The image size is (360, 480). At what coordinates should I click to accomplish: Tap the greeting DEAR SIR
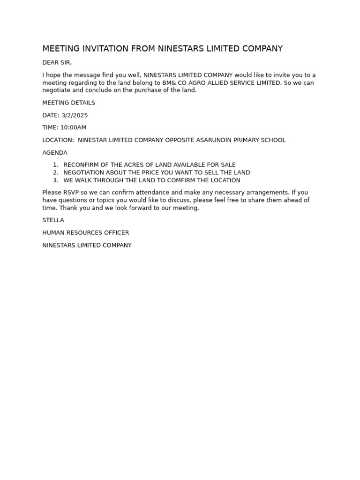(x=57, y=63)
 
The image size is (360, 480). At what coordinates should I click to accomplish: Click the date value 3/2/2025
(x=75, y=115)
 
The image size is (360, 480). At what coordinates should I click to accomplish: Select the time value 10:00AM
(x=73, y=127)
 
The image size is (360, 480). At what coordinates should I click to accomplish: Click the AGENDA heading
(x=55, y=153)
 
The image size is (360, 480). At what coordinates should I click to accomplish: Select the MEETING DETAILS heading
(x=68, y=103)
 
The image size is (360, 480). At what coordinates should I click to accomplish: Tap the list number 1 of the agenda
(x=55, y=165)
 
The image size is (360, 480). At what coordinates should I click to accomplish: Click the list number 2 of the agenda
(x=55, y=172)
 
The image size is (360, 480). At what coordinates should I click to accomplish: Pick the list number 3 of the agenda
(x=55, y=180)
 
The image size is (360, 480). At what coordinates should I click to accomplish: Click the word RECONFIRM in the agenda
(x=81, y=165)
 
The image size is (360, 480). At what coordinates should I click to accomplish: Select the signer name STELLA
(x=53, y=220)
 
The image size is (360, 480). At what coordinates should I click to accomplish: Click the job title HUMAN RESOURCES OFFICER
(x=86, y=232)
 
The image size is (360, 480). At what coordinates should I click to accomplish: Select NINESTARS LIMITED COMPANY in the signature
(x=87, y=245)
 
